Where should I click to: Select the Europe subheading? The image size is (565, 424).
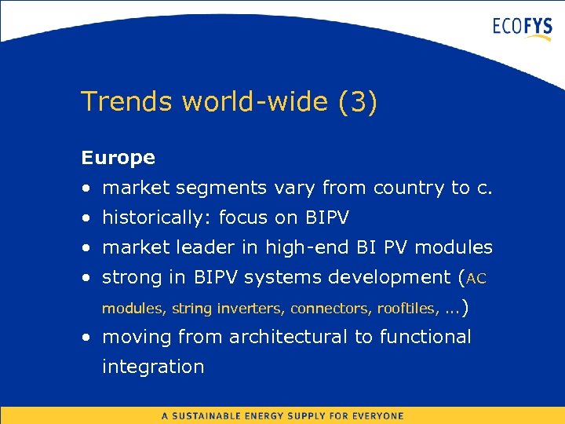point(118,158)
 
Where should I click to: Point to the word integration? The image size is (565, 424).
point(153,367)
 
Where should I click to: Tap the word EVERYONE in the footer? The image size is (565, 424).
point(376,415)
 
